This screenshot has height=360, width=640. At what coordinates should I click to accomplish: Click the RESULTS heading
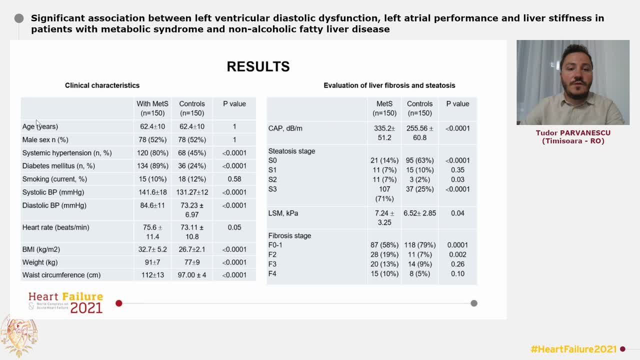tap(258, 66)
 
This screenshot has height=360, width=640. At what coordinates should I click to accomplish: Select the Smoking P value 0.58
tap(234, 179)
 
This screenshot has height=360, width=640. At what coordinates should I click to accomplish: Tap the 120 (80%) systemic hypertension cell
tap(152, 153)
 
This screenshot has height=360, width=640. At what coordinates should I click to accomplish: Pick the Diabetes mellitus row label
tap(58, 166)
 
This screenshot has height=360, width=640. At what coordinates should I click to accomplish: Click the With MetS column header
tap(152, 108)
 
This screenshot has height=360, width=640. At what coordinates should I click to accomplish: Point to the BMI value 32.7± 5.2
tap(152, 249)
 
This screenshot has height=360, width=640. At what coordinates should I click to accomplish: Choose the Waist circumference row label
tap(61, 275)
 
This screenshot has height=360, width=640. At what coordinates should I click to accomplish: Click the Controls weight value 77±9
tap(192, 262)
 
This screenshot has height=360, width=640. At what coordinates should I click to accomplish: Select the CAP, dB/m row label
tap(285, 128)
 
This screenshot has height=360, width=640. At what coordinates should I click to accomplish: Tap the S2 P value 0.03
tap(457, 179)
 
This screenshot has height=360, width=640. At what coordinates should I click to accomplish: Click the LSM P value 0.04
tap(457, 213)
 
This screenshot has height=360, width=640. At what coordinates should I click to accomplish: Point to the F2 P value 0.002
tap(457, 254)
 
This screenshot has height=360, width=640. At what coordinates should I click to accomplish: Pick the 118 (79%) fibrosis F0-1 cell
tap(419, 245)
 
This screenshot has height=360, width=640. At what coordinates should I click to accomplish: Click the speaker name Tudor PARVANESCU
tap(573, 133)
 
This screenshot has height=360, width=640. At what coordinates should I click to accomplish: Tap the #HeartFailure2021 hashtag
tap(573, 349)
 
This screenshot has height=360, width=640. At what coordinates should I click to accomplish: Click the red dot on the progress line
tap(119, 303)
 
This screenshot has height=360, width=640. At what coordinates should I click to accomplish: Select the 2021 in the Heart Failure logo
tap(86, 308)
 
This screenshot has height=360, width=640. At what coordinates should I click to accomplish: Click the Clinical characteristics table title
tap(102, 85)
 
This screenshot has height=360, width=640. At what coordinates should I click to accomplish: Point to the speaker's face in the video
tap(575, 74)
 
